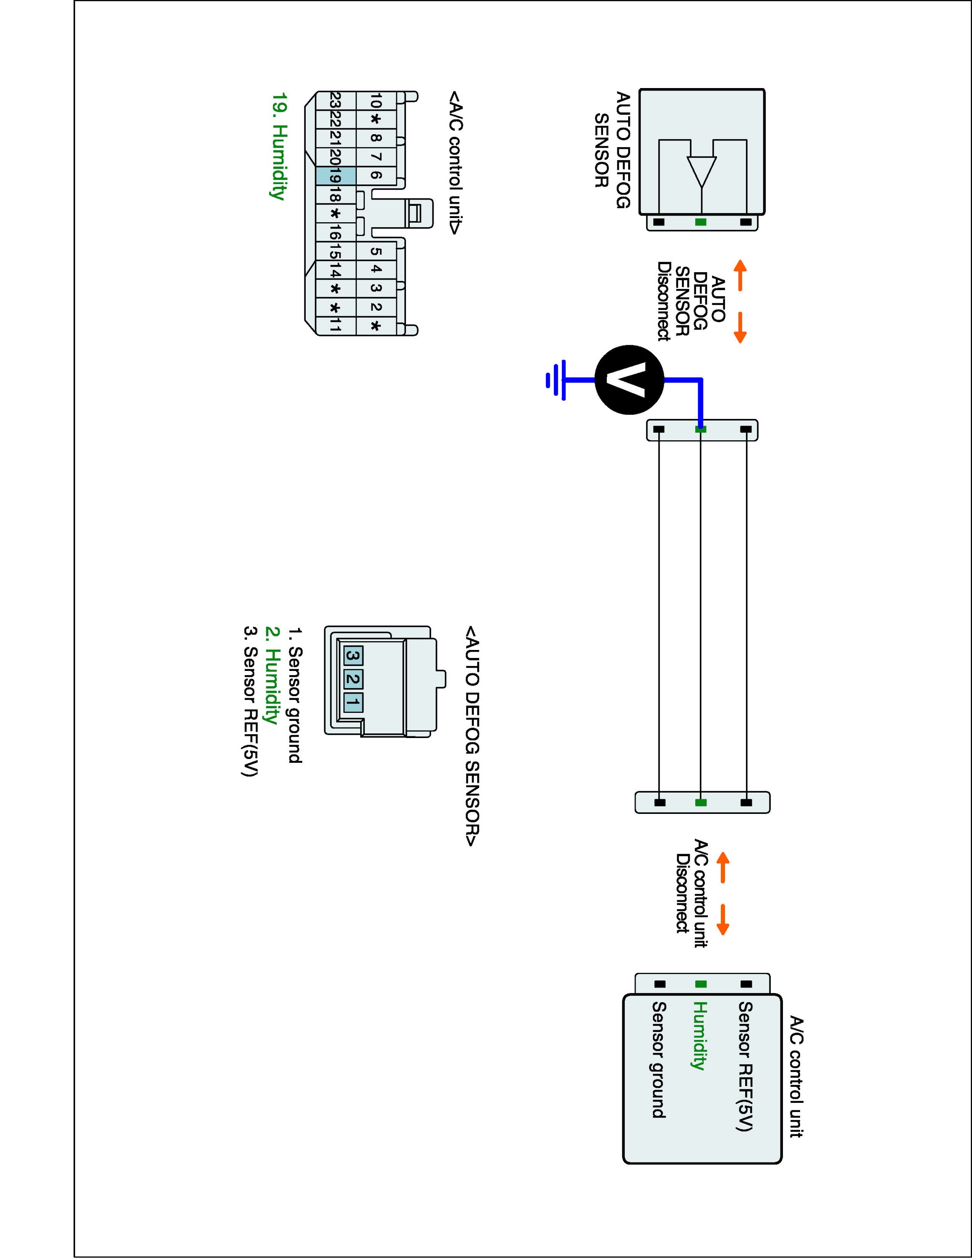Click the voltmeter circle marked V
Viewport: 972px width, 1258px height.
click(629, 379)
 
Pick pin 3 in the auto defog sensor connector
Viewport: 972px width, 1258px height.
click(353, 655)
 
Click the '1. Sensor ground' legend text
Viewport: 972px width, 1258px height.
click(295, 696)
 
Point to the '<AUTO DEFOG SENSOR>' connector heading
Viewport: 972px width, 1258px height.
click(472, 737)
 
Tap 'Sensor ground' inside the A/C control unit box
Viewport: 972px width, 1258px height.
click(659, 1060)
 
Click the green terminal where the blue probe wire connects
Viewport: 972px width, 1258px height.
click(701, 429)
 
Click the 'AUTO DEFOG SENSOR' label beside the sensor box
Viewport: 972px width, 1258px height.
click(612, 150)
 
